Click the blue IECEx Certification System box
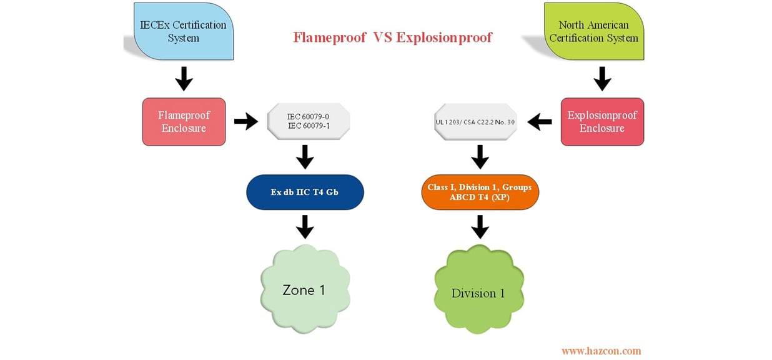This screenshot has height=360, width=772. coord(184,32)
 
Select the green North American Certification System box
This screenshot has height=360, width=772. coord(593,32)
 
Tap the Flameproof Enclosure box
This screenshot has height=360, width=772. coord(184,122)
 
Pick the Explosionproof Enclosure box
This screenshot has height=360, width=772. coord(601,122)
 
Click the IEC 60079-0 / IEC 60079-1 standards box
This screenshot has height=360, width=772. coord(304,121)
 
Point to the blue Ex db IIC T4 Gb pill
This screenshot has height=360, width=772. coord(304,192)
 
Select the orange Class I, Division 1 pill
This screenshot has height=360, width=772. coord(479,192)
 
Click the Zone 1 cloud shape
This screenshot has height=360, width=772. coord(304,290)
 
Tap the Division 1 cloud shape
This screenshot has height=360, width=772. coord(478,292)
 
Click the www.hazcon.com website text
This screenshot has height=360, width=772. coord(601,351)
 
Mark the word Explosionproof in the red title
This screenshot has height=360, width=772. coord(443,37)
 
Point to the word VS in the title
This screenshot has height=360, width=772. coord(383,37)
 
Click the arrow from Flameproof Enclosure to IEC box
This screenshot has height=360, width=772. coord(245,121)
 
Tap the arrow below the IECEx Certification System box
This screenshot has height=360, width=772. coord(184,79)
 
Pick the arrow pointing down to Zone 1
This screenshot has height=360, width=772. coord(304,226)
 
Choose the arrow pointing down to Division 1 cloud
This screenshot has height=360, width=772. coord(479,226)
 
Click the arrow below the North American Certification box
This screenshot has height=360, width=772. coord(601,79)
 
